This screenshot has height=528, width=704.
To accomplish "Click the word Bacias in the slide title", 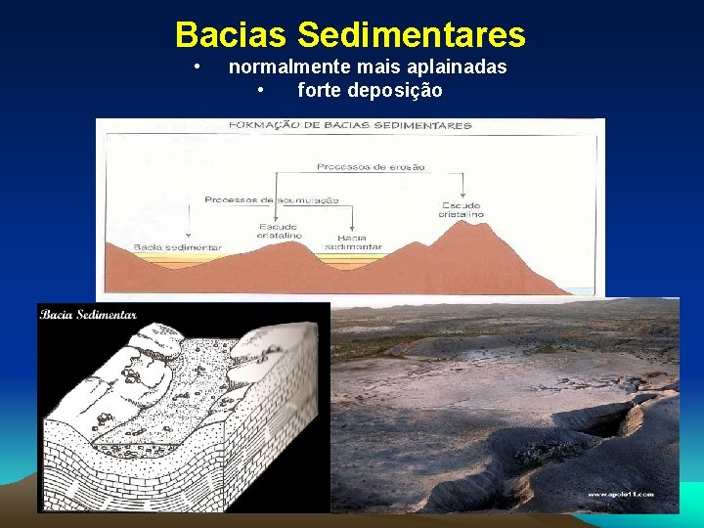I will pyautogui.click(x=232, y=35).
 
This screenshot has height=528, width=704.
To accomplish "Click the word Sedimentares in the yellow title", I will pyautogui.click(x=411, y=35).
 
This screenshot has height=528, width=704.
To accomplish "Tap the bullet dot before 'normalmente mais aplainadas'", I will pyautogui.click(x=198, y=66).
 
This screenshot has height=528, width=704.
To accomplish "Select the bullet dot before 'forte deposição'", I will pyautogui.click(x=261, y=91).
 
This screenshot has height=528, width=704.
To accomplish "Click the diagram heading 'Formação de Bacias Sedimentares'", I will pyautogui.click(x=349, y=125).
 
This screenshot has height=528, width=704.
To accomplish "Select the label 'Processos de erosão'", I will pyautogui.click(x=372, y=167).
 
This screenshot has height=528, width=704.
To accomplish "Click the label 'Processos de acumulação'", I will pyautogui.click(x=272, y=199).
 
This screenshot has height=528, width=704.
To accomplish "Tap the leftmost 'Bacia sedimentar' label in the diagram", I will pyautogui.click(x=177, y=247).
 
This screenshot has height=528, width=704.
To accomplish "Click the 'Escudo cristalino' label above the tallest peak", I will pyautogui.click(x=462, y=209).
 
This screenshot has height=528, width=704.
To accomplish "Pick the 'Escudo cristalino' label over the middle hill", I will pyautogui.click(x=280, y=231).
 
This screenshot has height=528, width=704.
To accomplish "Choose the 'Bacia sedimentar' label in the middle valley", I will pyautogui.click(x=359, y=242).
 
